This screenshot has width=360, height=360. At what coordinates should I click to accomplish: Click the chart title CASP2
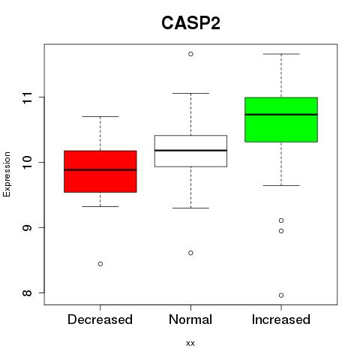190,23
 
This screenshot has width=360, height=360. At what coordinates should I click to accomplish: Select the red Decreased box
100,172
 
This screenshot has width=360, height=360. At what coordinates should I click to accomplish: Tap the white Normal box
190,151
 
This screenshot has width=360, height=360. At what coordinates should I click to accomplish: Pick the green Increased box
281,120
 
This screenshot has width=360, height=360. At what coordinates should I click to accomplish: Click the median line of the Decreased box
100,169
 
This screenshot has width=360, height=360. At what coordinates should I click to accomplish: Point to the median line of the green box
281,115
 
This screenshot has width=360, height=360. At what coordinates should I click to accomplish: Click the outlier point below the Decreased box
100,264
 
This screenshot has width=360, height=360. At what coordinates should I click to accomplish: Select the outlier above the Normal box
190,54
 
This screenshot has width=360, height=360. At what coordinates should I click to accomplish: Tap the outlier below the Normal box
190,253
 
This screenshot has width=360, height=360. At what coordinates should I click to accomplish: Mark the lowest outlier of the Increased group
281,295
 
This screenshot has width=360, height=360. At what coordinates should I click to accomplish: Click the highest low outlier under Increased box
281,220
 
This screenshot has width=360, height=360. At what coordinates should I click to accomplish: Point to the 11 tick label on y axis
27,97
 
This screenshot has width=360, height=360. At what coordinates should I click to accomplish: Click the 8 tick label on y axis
27,292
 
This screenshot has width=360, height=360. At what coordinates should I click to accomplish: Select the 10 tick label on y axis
27,163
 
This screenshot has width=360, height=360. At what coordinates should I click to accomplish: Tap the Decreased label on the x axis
100,319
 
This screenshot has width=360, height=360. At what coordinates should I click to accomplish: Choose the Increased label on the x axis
281,319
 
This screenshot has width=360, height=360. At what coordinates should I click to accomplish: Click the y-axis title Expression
7,174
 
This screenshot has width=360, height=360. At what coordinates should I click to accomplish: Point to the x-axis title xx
190,343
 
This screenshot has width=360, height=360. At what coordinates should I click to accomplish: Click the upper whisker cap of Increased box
281,54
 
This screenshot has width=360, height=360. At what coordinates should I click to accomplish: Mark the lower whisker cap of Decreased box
100,206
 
